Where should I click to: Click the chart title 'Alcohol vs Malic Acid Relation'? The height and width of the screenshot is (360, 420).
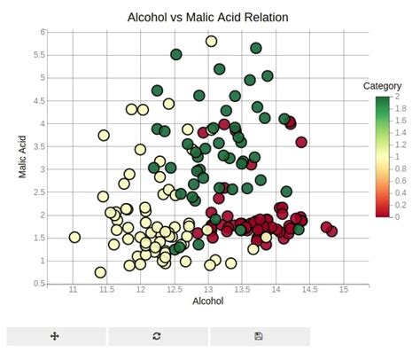coord(208,17)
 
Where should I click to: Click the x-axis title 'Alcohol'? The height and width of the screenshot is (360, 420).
coord(208,301)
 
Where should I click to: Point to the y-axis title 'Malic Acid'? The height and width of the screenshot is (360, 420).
coord(24,157)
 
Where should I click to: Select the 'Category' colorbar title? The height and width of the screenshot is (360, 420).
coord(383,86)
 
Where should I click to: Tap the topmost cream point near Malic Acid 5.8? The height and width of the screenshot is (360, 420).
coord(211,41)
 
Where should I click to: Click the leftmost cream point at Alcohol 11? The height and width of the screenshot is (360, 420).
coord(74,238)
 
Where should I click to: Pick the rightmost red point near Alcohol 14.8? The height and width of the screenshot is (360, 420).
coord(332,231)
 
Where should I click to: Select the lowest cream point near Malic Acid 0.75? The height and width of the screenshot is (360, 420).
coord(100,272)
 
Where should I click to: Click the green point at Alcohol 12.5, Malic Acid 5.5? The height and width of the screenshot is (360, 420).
coord(176,54)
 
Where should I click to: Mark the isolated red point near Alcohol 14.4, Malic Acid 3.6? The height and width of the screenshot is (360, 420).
coord(301,142)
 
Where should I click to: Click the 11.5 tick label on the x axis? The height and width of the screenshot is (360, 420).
coord(107,290)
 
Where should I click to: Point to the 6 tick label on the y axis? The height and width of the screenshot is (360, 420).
coord(43,32)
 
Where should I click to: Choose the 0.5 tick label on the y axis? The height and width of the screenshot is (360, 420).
coord(40,284)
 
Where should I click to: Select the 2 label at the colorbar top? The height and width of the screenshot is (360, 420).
coord(396,97)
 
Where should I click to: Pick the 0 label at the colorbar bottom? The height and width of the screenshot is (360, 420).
coord(396,216)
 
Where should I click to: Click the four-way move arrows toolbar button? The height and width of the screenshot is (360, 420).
coord(55,336)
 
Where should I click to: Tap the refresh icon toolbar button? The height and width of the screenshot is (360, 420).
coord(157,336)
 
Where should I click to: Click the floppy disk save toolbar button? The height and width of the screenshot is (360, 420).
coord(258,336)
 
